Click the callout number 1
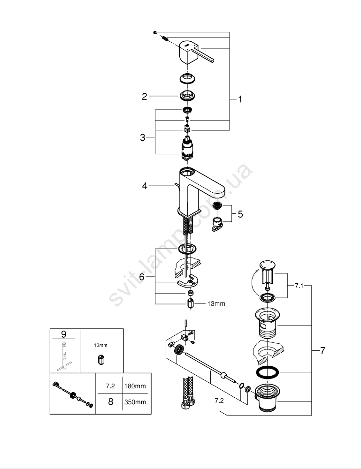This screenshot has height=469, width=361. [240, 99]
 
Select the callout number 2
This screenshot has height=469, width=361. [145, 97]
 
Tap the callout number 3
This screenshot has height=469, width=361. [143, 137]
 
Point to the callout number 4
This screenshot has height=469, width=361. [145, 186]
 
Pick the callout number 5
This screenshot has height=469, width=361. [240, 214]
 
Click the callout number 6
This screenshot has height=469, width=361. [142, 277]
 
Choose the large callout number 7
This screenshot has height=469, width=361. [322, 350]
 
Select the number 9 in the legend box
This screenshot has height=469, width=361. [64, 334]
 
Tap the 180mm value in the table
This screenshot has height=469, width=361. [135, 386]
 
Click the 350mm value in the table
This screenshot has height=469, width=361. [135, 402]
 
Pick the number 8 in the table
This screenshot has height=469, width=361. [110, 402]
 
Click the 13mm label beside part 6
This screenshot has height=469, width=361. [216, 303]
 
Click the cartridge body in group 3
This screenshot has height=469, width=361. [187, 148]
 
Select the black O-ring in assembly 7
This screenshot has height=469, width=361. [268, 373]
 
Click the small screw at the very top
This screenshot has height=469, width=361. [154, 32]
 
